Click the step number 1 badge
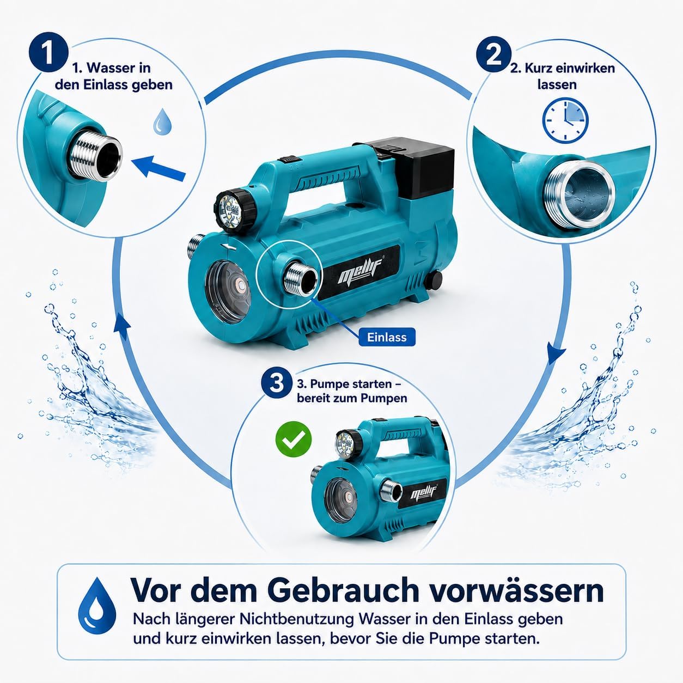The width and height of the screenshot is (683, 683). click(48, 53)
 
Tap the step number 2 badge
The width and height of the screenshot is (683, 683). click(493, 56)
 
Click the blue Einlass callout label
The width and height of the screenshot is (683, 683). click(387, 337)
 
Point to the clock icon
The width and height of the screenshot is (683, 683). click(565, 120)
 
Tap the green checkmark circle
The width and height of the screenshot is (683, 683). click(294, 440)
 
